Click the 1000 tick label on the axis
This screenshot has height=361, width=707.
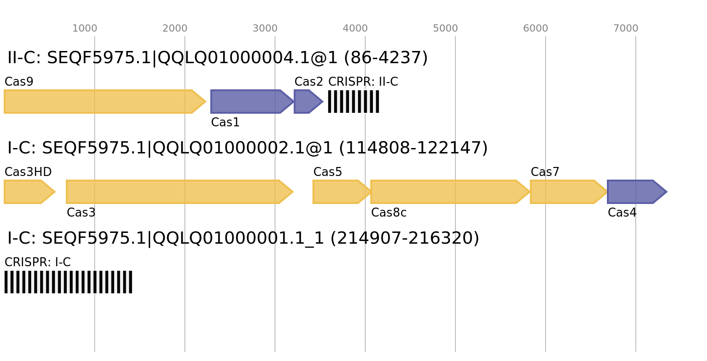pyautogui.click(x=85, y=28)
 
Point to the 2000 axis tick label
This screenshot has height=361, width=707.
pyautogui.click(x=175, y=28)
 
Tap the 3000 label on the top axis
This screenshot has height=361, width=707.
pyautogui.click(x=265, y=28)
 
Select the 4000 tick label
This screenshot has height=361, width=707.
pyautogui.click(x=355, y=28)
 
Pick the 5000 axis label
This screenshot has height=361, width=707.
pyautogui.click(x=445, y=28)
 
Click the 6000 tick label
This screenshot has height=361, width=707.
pyautogui.click(x=536, y=28)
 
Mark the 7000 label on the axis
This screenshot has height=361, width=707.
pyautogui.click(x=626, y=28)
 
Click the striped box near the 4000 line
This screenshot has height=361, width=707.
pyautogui.click(x=353, y=102)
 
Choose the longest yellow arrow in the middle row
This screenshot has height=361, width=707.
pyautogui.click(x=176, y=192)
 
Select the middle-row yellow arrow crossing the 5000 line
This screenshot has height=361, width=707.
pyautogui.click(x=446, y=192)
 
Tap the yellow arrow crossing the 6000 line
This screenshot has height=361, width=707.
pyautogui.click(x=566, y=192)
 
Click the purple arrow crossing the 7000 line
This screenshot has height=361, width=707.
pyautogui.click(x=634, y=192)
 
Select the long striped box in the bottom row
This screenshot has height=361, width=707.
pyautogui.click(x=68, y=282)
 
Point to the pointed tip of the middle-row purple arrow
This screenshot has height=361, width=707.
pyautogui.click(x=666, y=192)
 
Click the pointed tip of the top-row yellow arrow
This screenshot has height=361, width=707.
pyautogui.click(x=206, y=102)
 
